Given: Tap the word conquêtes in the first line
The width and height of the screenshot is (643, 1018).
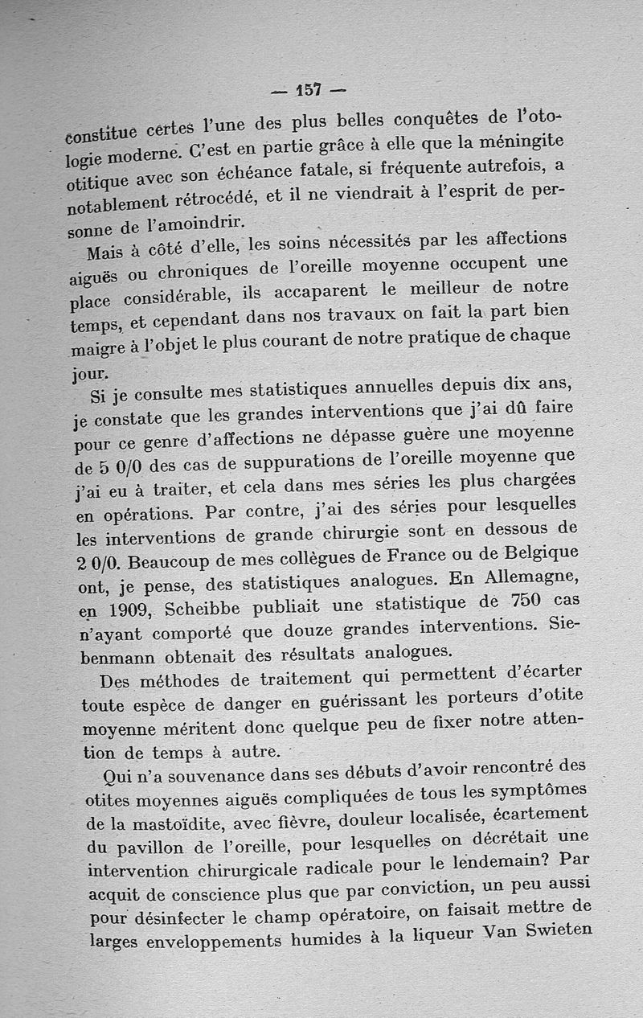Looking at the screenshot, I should (x=430, y=121).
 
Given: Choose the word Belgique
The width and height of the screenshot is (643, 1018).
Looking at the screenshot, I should (x=535, y=553).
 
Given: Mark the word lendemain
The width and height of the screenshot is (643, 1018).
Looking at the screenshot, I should (x=495, y=861).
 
